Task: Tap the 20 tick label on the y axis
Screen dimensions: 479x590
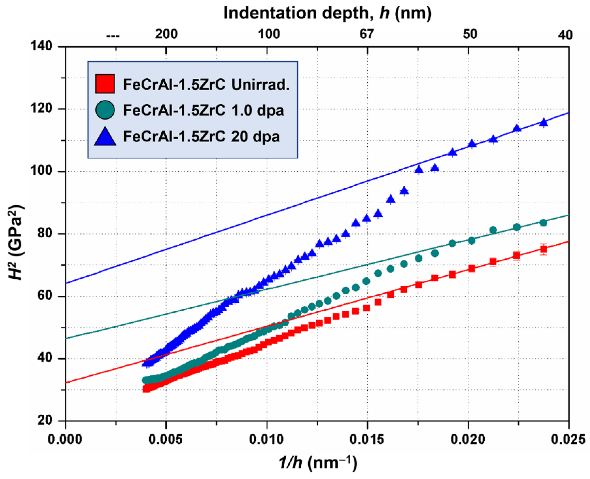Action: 46,421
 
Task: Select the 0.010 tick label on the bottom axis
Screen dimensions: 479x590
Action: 267,440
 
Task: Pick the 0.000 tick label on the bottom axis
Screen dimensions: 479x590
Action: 65,440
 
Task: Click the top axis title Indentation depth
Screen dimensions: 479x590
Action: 327,13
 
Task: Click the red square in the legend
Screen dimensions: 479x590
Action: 105,84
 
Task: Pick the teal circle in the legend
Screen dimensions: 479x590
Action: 105,110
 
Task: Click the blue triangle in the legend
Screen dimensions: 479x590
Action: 105,136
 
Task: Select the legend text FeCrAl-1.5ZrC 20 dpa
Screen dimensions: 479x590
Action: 201,136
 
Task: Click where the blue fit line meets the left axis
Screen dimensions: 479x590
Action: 66,283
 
